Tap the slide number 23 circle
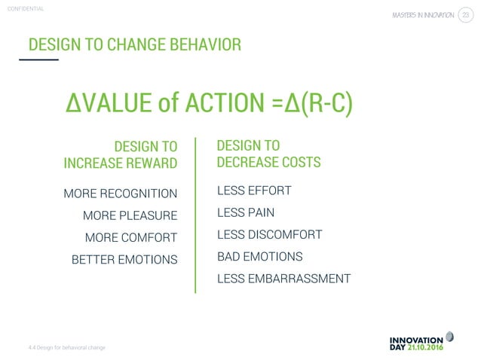pyautogui.click(x=465, y=17)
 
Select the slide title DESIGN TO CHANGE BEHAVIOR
pyautogui.click(x=135, y=44)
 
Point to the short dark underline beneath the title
pyautogui.click(x=38, y=59)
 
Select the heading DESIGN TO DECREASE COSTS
pyautogui.click(x=268, y=154)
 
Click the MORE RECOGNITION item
pyautogui.click(x=121, y=194)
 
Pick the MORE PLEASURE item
pyautogui.click(x=130, y=216)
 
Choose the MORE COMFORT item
pyautogui.click(x=131, y=238)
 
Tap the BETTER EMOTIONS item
pyautogui.click(x=124, y=260)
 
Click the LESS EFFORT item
pyautogui.click(x=253, y=191)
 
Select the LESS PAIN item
pyautogui.click(x=245, y=213)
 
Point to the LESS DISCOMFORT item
pyautogui.click(x=269, y=235)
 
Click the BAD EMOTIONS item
pyautogui.click(x=259, y=257)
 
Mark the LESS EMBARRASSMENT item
pyautogui.click(x=283, y=279)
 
